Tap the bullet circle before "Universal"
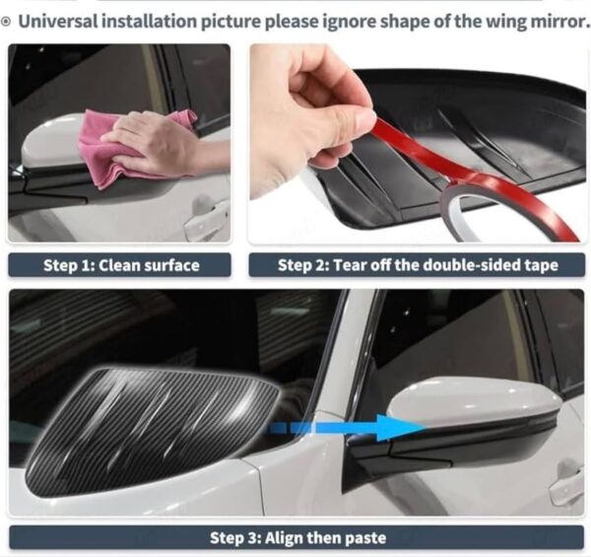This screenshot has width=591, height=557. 6,22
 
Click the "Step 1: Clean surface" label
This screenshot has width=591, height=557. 120,265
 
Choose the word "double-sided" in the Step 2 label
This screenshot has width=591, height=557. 475,265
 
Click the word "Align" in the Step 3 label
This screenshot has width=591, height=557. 285,537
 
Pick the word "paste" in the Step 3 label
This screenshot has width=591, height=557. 365,538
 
